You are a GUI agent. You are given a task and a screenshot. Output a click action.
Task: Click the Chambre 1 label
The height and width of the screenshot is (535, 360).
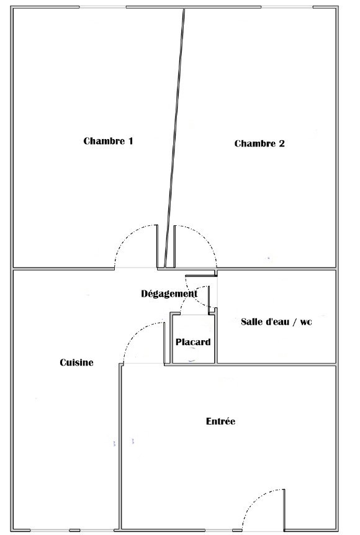coord(108,141)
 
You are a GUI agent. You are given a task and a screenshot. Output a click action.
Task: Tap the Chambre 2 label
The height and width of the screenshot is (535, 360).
coord(259,143)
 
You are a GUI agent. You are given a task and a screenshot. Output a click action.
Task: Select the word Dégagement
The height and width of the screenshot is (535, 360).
coord(169,294)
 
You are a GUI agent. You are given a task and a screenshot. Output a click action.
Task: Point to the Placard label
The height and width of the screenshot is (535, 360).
coord(193,341)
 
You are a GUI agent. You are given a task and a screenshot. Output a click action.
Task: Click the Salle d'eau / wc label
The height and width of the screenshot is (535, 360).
coord(276,321)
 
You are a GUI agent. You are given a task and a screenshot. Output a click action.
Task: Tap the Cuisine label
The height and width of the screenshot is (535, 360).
coord(76,362)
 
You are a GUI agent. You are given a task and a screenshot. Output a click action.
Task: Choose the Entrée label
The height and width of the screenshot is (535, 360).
coord(220,421)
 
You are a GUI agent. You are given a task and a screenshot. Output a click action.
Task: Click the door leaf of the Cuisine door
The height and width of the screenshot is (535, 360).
coord(164,343)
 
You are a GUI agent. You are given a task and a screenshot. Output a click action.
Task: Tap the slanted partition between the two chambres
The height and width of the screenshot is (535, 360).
coord(174,138)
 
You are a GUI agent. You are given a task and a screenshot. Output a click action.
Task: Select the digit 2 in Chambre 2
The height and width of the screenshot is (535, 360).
coord(282,143)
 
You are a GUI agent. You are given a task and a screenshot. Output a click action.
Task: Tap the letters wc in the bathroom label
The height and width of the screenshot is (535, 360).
coord(306,322)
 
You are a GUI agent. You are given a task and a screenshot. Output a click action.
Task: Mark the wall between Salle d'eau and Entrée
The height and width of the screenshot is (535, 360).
coord(276,364)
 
